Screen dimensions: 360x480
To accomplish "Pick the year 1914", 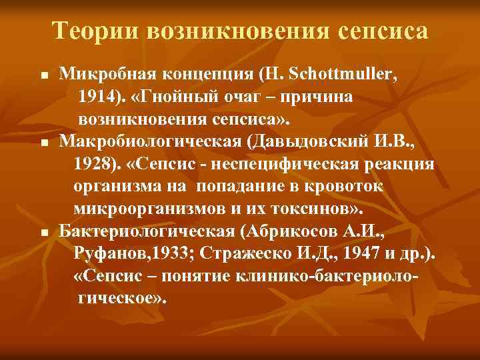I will coord(98,98).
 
